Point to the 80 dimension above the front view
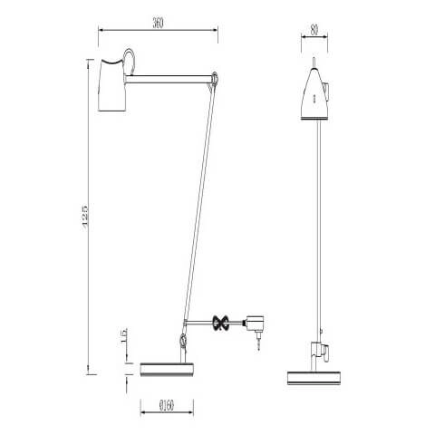pyautogui.click(x=313, y=28)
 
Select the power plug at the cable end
pyautogui.click(x=256, y=324)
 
